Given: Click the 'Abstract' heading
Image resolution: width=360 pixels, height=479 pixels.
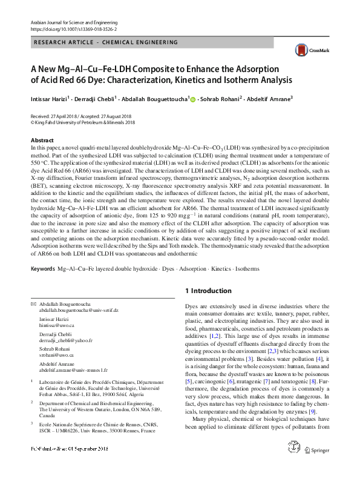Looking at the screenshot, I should tap(42, 140).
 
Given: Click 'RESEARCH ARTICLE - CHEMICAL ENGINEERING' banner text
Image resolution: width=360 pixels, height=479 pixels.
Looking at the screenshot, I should tap(107, 43).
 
